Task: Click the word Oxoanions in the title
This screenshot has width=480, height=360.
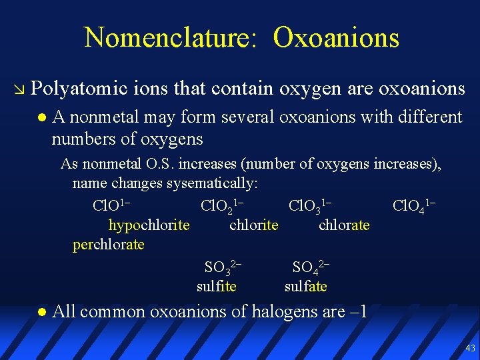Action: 336,38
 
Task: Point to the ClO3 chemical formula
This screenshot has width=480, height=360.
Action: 310,204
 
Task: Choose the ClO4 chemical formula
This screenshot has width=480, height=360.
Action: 414,204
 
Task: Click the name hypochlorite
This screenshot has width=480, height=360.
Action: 149,225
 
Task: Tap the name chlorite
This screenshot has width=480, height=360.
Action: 253,225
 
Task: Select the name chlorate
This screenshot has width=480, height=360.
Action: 344,225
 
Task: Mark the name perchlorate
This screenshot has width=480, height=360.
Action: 109,245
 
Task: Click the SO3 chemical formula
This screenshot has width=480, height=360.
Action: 222,267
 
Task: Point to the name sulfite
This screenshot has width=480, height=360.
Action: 216,287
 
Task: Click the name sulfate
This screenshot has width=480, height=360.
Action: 305,287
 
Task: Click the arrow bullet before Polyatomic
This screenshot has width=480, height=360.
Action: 19,89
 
